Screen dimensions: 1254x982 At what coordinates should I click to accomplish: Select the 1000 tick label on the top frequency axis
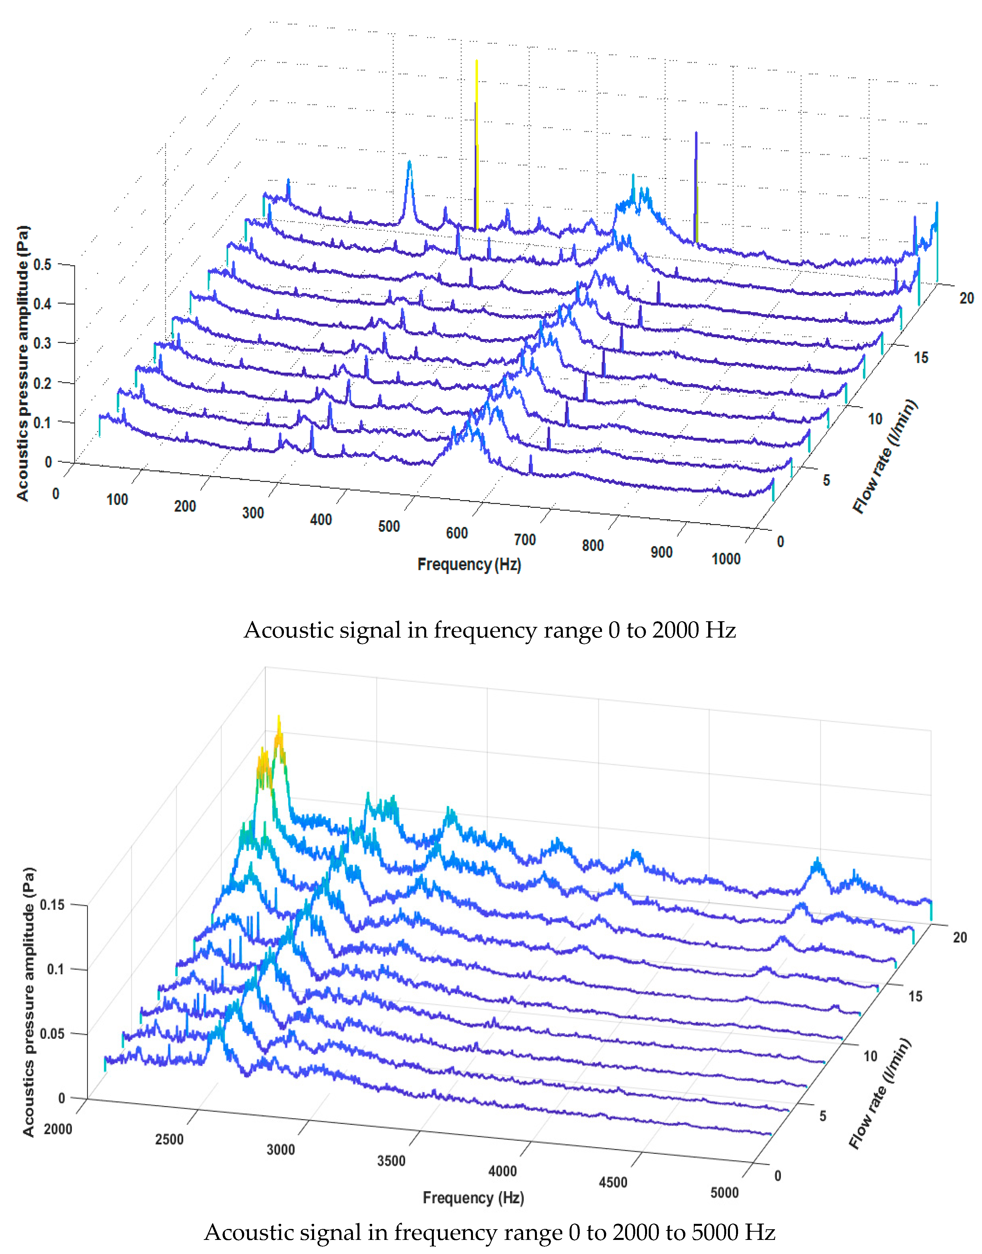pyautogui.click(x=726, y=559)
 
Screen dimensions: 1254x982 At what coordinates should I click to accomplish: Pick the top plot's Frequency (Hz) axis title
pyautogui.click(x=469, y=565)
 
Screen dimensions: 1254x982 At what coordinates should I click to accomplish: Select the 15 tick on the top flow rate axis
pyautogui.click(x=921, y=358)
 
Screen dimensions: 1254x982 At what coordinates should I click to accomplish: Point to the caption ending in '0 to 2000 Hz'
pyautogui.click(x=490, y=630)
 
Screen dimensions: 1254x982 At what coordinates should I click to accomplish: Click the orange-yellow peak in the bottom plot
pyautogui.click(x=279, y=742)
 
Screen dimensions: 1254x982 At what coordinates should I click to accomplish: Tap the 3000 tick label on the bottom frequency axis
pyautogui.click(x=281, y=1149)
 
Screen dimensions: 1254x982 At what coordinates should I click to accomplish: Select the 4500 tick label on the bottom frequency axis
pyautogui.click(x=613, y=1182)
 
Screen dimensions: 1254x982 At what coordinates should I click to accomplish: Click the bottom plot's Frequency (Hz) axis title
pyautogui.click(x=473, y=1198)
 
